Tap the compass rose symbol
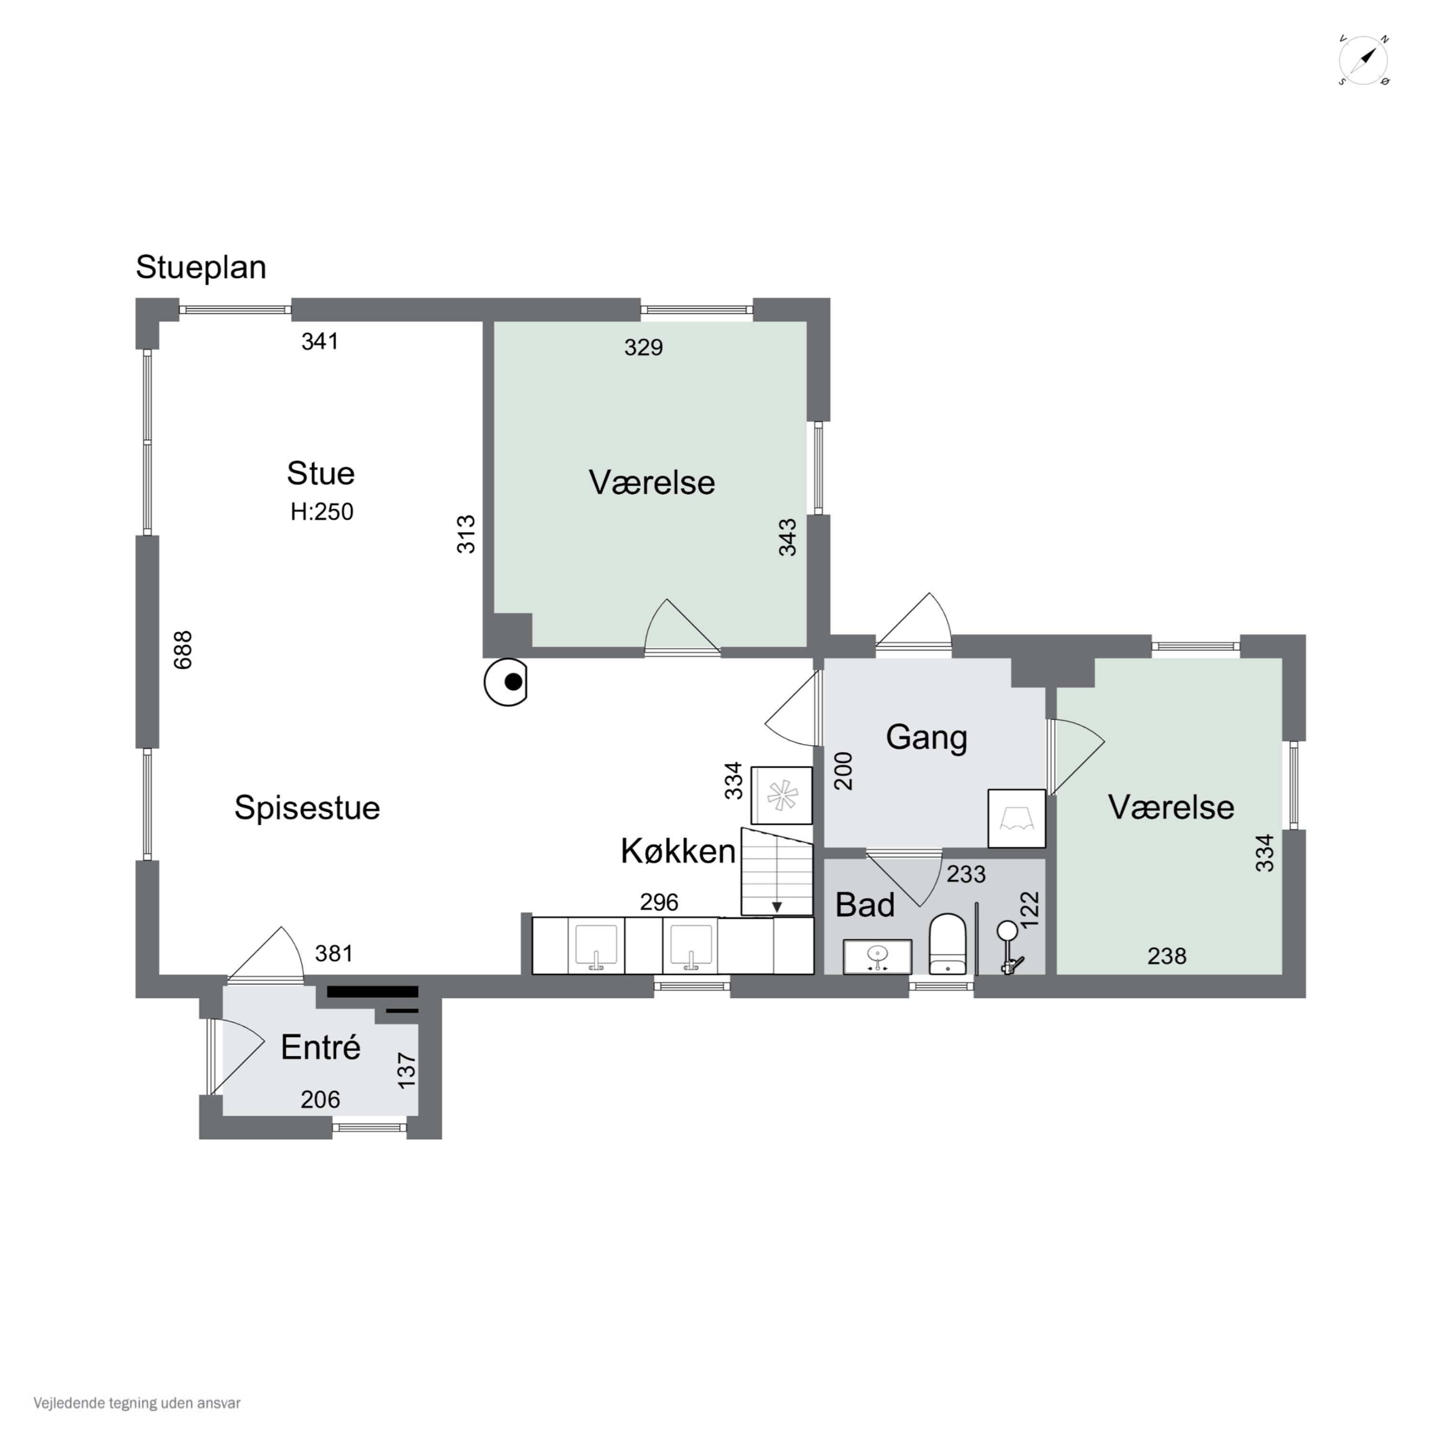[x=1364, y=61]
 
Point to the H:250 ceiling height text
[x=321, y=512]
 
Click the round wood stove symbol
[x=506, y=682]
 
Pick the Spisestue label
[x=307, y=808]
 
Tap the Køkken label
[x=678, y=851]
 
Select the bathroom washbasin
[x=877, y=957]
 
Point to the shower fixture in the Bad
[x=1009, y=947]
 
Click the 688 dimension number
[x=183, y=650]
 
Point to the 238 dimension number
[x=1167, y=956]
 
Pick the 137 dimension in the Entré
[x=407, y=1071]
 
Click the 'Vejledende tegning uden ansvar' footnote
[x=137, y=1403]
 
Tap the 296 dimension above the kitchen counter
[x=660, y=903]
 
